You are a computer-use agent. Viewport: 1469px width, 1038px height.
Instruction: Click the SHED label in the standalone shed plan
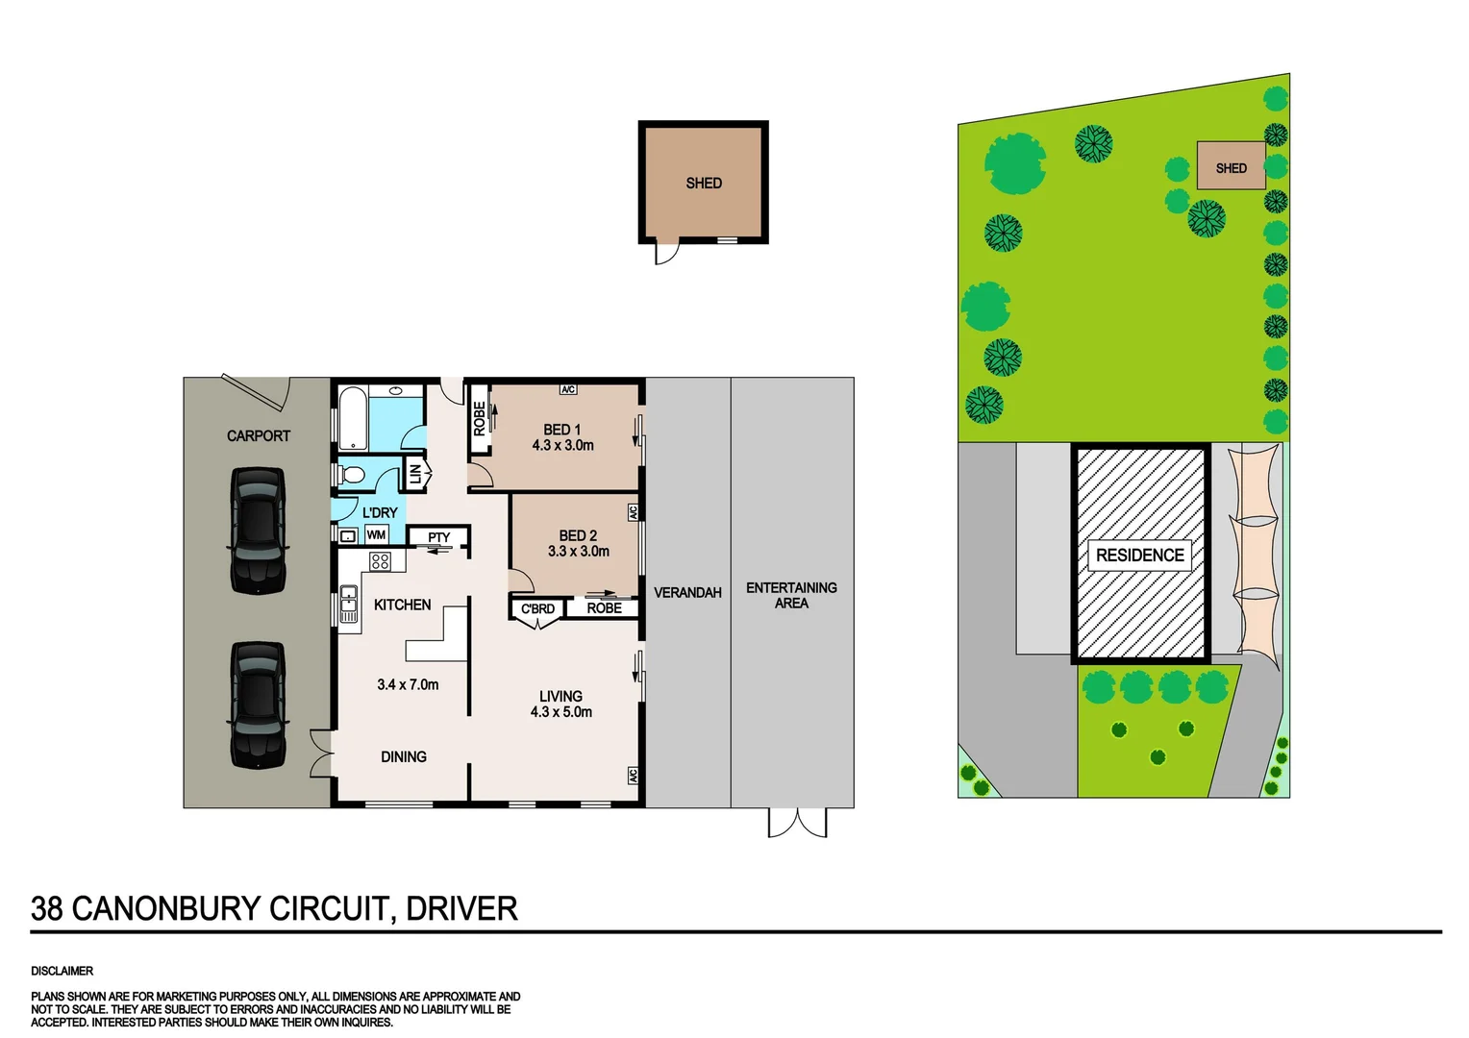click(704, 183)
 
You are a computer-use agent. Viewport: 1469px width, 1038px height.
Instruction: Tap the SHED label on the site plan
click(1231, 168)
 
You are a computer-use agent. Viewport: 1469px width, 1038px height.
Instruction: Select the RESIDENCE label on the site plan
click(1139, 556)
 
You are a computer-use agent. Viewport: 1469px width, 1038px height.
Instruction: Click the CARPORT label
click(258, 435)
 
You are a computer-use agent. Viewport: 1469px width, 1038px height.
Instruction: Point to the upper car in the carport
click(258, 530)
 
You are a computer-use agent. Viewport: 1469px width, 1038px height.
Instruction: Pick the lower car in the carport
click(258, 704)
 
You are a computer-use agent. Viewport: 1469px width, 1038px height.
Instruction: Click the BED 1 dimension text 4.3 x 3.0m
click(562, 446)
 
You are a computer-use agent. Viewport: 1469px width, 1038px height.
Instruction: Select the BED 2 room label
click(578, 535)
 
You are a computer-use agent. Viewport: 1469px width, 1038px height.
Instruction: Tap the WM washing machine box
click(376, 535)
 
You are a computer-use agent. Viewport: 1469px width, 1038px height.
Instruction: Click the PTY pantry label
click(438, 537)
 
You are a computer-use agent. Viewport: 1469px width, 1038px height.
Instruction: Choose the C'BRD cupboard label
click(537, 608)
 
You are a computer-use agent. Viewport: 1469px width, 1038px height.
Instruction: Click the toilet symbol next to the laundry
click(351, 475)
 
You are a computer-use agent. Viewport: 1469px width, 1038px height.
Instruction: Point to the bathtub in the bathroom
click(352, 418)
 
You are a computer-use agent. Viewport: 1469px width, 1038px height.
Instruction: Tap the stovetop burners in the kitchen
click(381, 561)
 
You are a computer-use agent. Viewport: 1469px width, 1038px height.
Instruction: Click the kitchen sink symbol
click(348, 607)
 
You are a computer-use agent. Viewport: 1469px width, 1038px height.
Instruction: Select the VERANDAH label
click(687, 593)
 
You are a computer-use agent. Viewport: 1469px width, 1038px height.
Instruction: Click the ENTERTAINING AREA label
click(791, 595)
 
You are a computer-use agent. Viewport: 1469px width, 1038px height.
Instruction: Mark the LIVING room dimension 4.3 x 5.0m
click(560, 712)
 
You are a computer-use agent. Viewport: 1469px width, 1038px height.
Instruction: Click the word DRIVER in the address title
click(461, 908)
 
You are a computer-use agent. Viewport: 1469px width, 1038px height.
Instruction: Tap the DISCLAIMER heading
click(62, 971)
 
